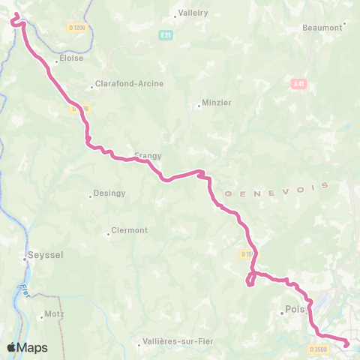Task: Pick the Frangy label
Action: tap(148, 156)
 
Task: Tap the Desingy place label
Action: tap(109, 193)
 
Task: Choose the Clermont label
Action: tap(129, 230)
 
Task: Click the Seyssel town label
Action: tap(46, 255)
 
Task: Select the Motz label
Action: tap(55, 315)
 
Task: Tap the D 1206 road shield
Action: tap(76, 28)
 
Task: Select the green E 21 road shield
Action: tap(166, 34)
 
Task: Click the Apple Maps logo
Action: tap(27, 347)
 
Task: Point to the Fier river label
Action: tap(24, 289)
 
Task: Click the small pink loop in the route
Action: tap(250, 279)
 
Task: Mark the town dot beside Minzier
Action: tap(199, 106)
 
